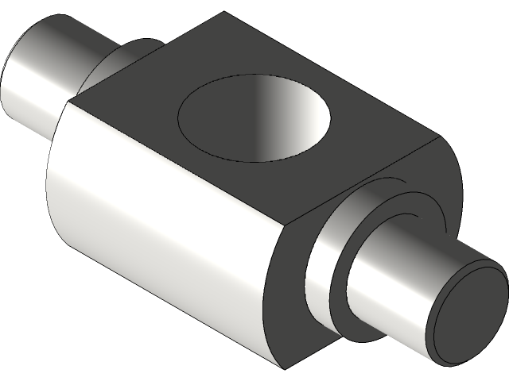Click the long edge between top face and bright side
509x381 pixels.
[x=175, y=163]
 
